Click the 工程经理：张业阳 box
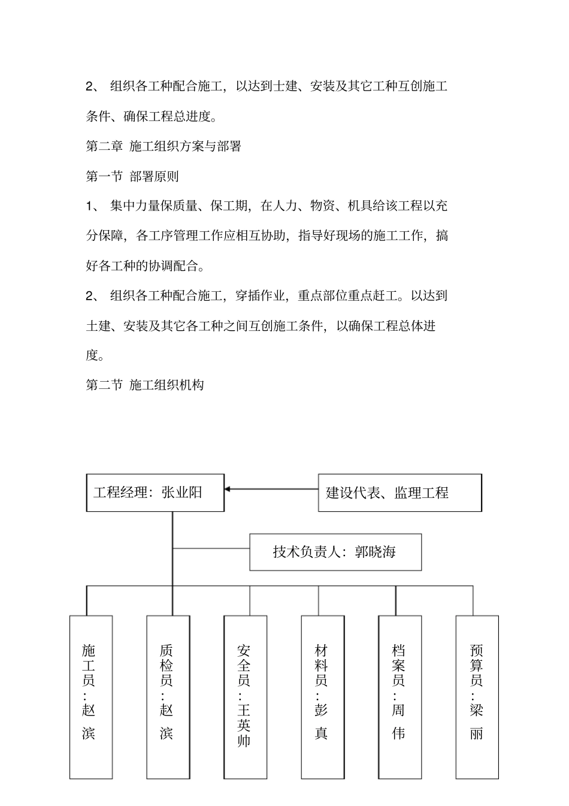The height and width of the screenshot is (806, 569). coord(155,493)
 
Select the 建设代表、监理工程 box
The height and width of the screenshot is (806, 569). coord(399,493)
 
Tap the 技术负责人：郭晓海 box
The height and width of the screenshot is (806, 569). coord(335,552)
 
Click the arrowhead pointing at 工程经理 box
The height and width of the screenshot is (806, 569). coord(229,490)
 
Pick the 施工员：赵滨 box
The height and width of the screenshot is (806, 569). coord(90,696)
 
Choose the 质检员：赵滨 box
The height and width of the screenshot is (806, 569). coord(168,696)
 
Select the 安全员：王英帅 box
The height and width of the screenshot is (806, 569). coord(245,696)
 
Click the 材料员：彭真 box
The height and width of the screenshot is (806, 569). coord(322,696)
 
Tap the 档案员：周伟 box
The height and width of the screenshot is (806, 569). coord(399,696)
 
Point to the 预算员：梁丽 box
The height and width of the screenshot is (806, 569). coord(477,696)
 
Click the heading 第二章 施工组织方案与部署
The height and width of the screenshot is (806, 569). coord(164,146)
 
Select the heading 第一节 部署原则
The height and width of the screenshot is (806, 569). coord(132,176)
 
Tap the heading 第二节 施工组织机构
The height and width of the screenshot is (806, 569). coord(145,385)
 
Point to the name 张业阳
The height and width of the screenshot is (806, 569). coord(182,493)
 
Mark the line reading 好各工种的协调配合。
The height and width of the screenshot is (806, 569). coord(145,265)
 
